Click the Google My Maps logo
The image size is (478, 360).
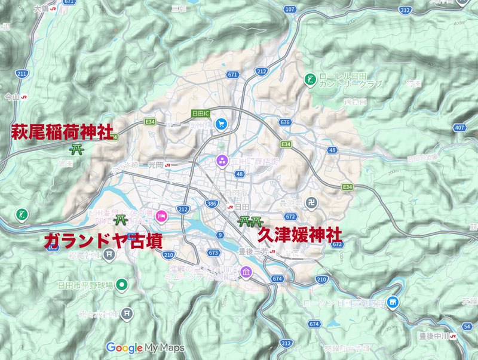(145, 347)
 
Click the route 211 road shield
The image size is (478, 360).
(22, 73)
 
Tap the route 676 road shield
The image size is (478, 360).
(284, 122)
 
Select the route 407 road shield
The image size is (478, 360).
(459, 128)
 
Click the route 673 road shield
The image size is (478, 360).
(214, 253)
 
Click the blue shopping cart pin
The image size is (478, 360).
(221, 123)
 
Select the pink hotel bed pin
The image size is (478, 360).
(161, 215)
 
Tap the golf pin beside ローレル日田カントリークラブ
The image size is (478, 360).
(310, 79)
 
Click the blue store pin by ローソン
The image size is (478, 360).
(392, 301)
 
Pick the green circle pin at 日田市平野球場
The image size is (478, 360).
(121, 285)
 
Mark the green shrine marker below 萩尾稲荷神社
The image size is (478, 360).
(76, 149)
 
